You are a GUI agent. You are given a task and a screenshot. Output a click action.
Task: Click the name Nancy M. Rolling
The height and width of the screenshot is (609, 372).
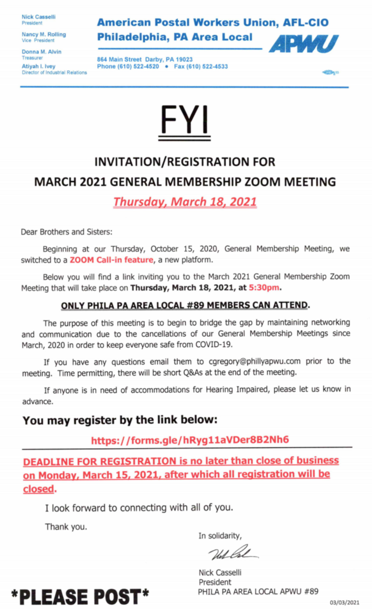[44, 35]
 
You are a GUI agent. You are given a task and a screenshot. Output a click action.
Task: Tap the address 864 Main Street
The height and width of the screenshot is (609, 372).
[120, 60]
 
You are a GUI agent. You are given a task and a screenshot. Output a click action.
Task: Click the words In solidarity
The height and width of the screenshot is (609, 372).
[220, 535]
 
